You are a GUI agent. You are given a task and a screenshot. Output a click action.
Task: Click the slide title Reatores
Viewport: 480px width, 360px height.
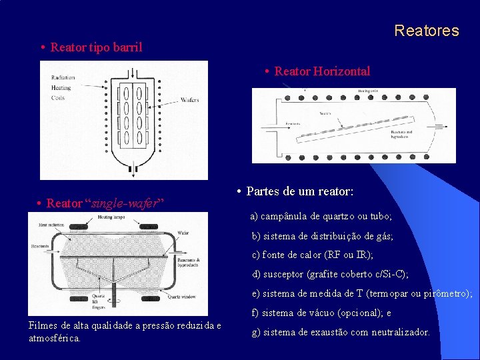pos(426,31)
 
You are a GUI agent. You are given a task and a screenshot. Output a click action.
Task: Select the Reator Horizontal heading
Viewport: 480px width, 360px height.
pos(322,71)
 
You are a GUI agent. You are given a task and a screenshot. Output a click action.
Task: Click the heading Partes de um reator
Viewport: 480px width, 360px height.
pos(299,191)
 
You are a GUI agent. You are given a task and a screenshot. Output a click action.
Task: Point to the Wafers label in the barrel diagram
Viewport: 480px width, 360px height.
pos(189,100)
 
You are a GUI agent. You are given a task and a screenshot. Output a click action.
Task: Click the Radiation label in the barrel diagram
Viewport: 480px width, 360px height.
pos(63,78)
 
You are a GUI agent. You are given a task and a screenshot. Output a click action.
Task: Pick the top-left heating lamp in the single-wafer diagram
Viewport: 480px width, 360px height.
pos(79,227)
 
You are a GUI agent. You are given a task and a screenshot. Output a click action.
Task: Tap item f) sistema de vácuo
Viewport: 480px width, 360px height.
pos(321,313)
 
